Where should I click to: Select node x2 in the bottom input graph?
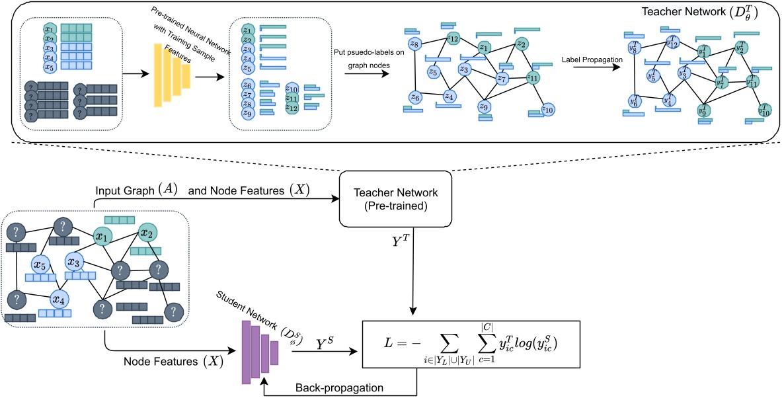[147, 233]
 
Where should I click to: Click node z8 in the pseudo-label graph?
[415, 45]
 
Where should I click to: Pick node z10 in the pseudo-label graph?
[547, 109]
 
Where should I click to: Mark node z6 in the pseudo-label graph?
[415, 98]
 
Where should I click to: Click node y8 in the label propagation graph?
[634, 48]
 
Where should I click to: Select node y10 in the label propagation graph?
[764, 110]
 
